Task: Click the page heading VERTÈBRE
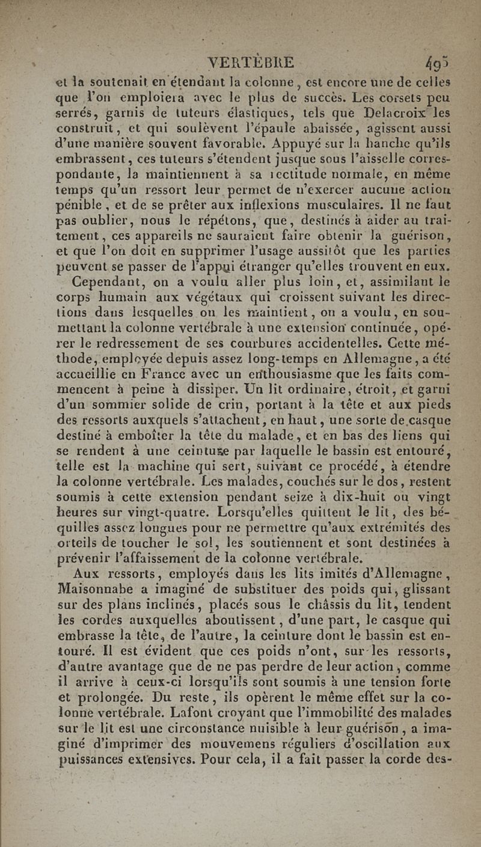(x=250, y=63)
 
